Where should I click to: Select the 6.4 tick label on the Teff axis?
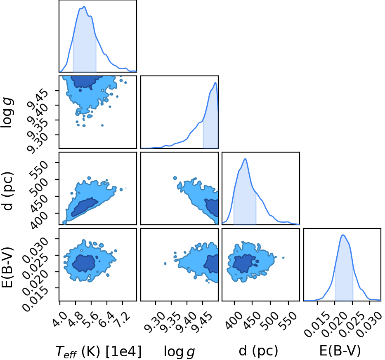tap(106, 320)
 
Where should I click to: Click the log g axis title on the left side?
tap(7, 113)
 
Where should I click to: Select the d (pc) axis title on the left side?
tap(7, 191)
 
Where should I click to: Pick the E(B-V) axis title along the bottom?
tap(340, 351)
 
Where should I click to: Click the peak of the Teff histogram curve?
tap(84, 7)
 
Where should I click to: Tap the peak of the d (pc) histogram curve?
tap(245, 159)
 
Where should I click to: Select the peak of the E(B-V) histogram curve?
tap(343, 235)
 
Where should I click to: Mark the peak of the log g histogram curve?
tap(215, 83)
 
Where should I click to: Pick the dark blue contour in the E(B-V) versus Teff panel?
tap(83, 264)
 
